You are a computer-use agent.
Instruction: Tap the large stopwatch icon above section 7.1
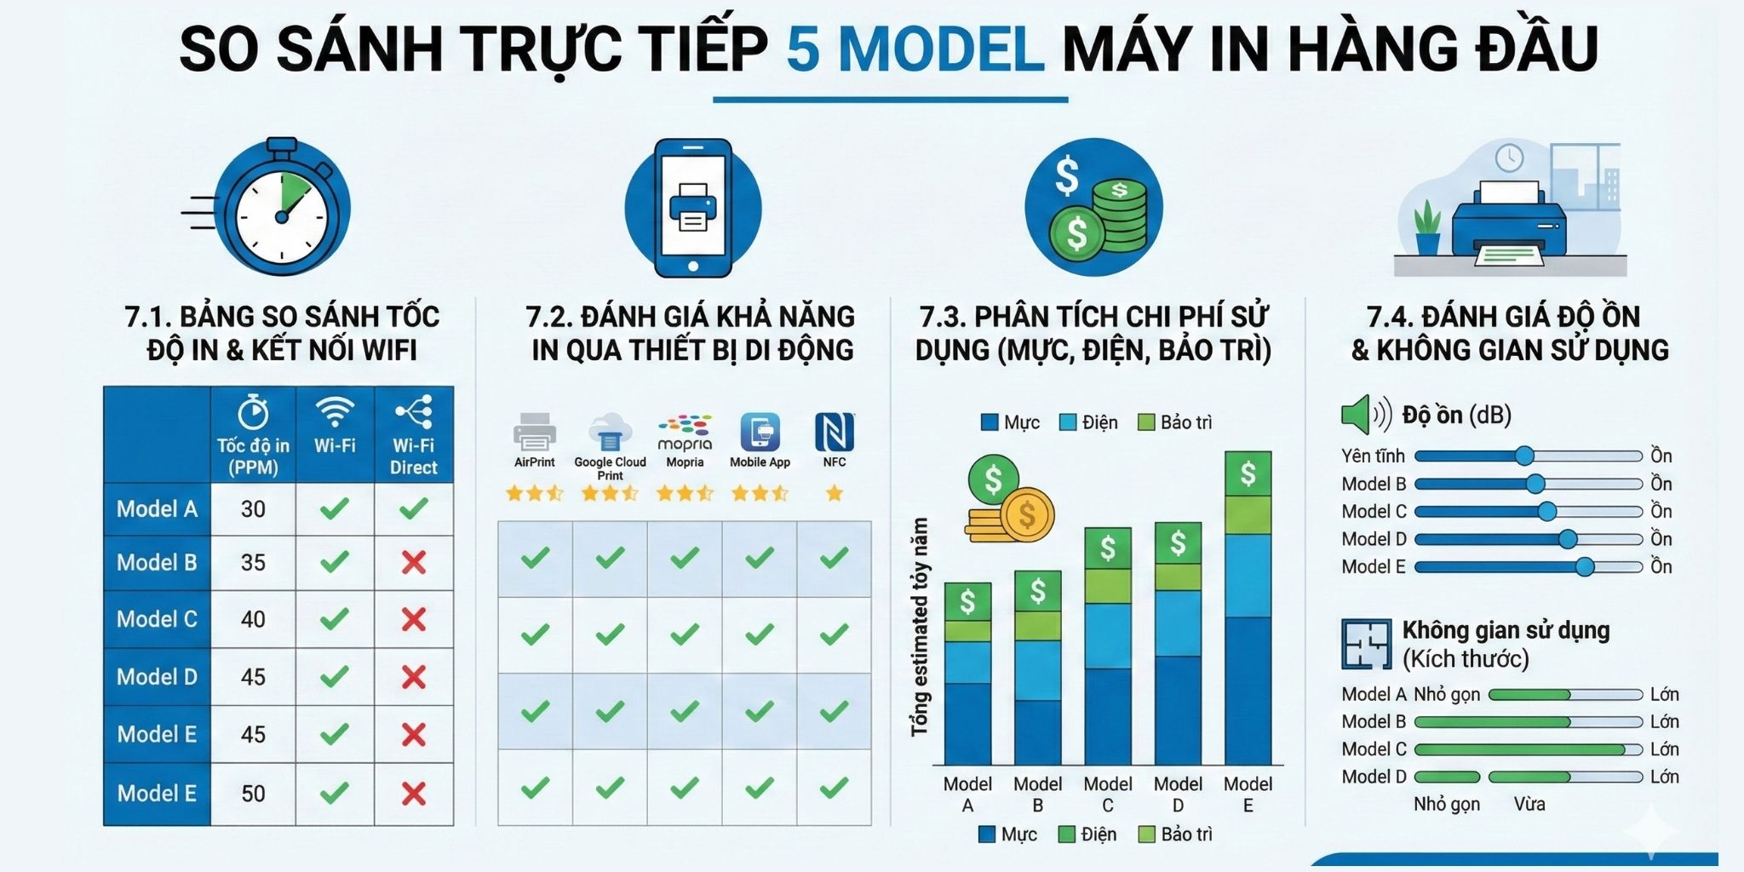point(281,207)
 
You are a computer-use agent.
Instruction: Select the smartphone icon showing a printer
point(692,208)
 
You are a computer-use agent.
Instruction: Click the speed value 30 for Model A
point(253,509)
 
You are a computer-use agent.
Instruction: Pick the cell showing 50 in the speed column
point(253,794)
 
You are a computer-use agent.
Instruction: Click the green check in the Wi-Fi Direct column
point(414,509)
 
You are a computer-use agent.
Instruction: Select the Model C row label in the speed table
point(157,619)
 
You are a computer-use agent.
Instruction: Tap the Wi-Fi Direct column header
point(414,434)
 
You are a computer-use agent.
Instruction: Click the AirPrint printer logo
point(535,433)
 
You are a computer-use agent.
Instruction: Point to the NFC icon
point(834,432)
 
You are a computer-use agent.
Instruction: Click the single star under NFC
point(835,493)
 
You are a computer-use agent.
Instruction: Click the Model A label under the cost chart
point(967,794)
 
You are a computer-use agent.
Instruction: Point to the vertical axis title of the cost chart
point(920,627)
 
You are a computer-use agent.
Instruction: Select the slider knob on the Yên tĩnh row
point(1524,456)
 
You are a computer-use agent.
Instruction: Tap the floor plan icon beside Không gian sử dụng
point(1366,644)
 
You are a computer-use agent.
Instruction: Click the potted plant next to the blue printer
point(1426,228)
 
